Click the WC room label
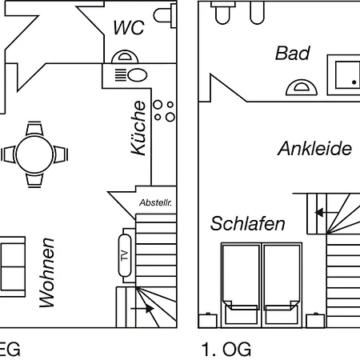[x=129, y=27]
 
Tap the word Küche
[x=138, y=128]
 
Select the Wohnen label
[x=47, y=273]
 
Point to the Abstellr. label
[x=155, y=202]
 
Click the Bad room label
[x=293, y=53]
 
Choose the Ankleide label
[x=314, y=148]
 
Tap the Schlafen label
[x=248, y=223]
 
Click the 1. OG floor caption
[x=226, y=349]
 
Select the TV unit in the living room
[x=125, y=255]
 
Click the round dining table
[x=34, y=154]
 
